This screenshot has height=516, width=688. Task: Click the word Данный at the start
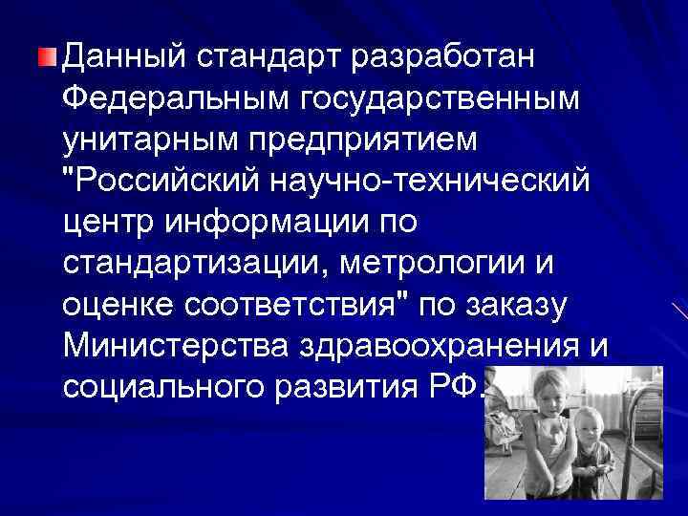pos(124,54)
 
